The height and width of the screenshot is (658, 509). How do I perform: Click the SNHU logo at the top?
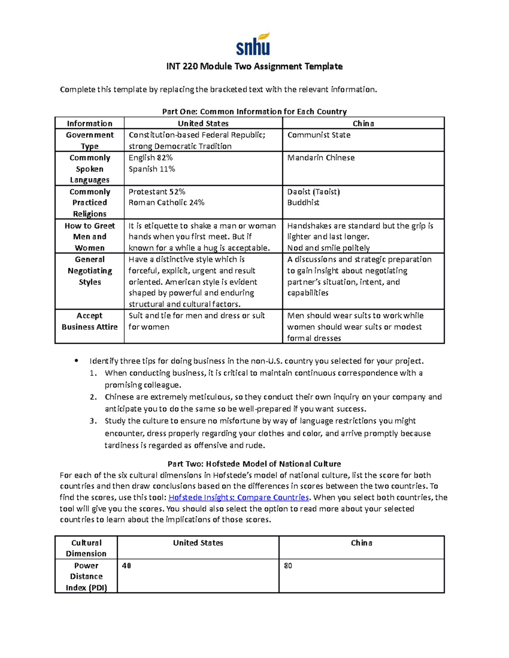(253, 44)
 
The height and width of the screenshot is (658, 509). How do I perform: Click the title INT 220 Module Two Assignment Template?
(254, 66)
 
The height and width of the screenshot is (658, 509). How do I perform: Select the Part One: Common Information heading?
(254, 111)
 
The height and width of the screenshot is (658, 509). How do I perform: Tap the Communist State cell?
(319, 135)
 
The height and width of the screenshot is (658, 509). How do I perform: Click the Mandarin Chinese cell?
(321, 158)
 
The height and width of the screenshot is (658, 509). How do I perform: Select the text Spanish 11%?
(151, 169)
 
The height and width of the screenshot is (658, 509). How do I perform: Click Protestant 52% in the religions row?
(157, 192)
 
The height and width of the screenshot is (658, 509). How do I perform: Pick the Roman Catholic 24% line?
(166, 203)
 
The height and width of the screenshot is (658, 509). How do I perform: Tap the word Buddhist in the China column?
(303, 203)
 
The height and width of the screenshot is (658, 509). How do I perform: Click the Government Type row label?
(89, 140)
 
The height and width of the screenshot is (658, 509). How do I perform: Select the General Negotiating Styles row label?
(89, 271)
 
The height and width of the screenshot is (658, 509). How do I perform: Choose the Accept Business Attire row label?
(89, 321)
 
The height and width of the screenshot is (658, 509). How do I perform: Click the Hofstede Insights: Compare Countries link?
(239, 497)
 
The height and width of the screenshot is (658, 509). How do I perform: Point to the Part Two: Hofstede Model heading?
(254, 464)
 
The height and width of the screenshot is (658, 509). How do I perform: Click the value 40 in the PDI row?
(126, 566)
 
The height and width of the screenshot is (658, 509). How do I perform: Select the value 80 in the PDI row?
(288, 566)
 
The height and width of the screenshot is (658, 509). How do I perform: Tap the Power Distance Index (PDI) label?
(86, 577)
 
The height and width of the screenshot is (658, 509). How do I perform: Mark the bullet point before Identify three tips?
(76, 361)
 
